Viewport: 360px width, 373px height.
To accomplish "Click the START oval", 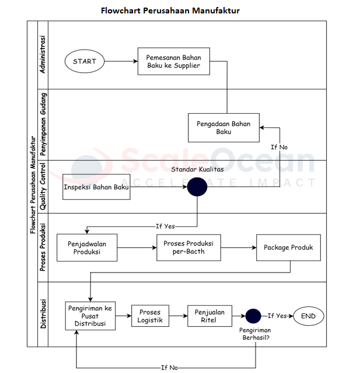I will [x=85, y=61].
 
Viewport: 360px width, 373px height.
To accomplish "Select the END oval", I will [x=308, y=316].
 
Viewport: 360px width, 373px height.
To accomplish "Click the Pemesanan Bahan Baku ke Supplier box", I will [x=174, y=61].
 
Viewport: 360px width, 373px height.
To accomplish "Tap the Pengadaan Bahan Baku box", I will [x=223, y=127].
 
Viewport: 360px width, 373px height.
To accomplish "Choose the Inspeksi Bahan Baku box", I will [x=96, y=187].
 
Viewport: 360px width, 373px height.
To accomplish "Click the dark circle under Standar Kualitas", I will [x=197, y=187].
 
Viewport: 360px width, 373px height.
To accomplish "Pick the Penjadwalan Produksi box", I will [x=87, y=247].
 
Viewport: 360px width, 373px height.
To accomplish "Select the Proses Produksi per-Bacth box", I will [x=188, y=247].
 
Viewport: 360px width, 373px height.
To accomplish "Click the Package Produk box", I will [x=288, y=247].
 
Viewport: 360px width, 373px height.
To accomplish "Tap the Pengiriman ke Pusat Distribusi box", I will [x=90, y=316].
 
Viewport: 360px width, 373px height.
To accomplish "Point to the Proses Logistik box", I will [x=150, y=316].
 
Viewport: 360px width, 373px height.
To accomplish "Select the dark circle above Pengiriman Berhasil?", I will [x=253, y=316].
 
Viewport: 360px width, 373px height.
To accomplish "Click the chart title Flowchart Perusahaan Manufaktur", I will [x=170, y=11].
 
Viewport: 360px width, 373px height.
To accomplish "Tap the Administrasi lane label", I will [x=42, y=55].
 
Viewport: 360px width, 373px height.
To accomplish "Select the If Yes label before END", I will [x=277, y=316].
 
